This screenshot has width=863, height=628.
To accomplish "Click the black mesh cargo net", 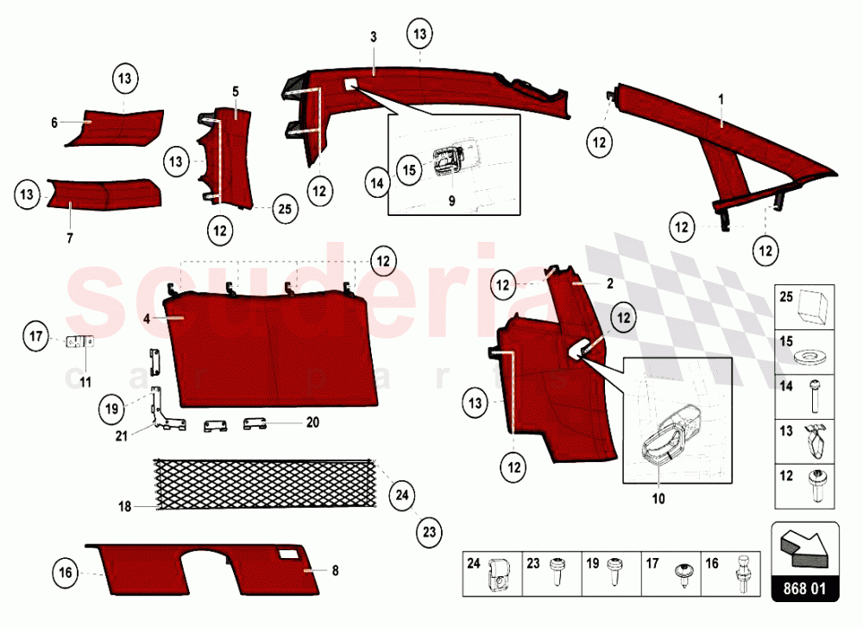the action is (266, 483).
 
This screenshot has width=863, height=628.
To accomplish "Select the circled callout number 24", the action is (402, 495).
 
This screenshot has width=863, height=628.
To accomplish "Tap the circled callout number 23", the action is (429, 532).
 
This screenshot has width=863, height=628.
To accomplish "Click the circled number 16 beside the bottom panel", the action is (66, 573).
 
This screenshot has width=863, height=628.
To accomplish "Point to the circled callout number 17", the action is (36, 336).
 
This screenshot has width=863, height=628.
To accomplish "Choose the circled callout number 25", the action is (285, 209).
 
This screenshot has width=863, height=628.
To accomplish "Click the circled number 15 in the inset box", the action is (409, 169).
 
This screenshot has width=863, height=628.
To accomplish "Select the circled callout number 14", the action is (378, 183).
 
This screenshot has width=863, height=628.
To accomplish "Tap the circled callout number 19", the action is (111, 409).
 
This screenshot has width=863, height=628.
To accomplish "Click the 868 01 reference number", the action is (804, 588).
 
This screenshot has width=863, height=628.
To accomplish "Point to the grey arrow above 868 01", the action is (804, 549).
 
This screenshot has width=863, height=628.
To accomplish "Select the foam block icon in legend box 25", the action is (812, 308).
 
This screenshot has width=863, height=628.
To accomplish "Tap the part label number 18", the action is (125, 506).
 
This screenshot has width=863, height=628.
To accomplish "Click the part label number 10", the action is (658, 498).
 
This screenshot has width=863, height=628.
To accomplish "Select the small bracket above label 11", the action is (79, 342).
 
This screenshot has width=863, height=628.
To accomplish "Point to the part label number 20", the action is (312, 422).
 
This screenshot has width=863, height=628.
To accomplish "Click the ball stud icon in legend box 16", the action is (742, 574).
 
